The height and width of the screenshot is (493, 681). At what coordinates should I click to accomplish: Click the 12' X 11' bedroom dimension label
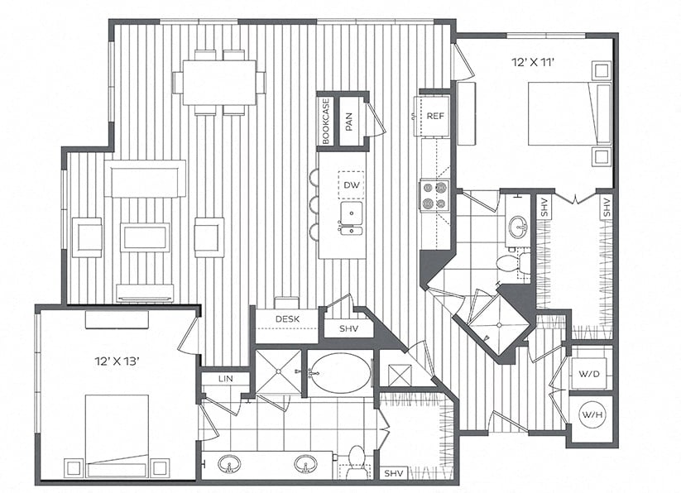point(534,63)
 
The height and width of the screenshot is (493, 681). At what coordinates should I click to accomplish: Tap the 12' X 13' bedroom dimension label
point(117,361)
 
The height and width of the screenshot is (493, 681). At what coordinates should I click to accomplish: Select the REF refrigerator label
point(435,116)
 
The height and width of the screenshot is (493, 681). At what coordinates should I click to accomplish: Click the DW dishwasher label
point(352,185)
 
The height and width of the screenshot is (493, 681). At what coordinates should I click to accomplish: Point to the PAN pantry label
point(349,122)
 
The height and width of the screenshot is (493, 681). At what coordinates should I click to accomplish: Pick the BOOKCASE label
point(326,121)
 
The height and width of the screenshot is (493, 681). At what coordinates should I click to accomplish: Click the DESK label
point(287,319)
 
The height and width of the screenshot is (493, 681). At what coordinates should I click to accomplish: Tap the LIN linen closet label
point(225,378)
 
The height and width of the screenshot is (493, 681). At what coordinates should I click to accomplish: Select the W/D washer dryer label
point(589,373)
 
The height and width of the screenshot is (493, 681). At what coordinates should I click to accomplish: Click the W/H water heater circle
point(592,415)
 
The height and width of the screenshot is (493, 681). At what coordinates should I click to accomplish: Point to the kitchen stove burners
point(434,196)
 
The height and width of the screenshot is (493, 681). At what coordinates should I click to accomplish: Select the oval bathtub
point(339,373)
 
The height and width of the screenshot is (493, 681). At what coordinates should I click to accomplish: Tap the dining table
point(219,83)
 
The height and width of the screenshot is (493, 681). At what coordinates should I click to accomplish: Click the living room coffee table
point(145,237)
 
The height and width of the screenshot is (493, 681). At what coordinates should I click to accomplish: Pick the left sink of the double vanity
point(229,463)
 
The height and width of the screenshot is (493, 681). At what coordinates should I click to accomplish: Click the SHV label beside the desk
point(348,329)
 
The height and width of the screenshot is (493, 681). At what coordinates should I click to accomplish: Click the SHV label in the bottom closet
point(394,473)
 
